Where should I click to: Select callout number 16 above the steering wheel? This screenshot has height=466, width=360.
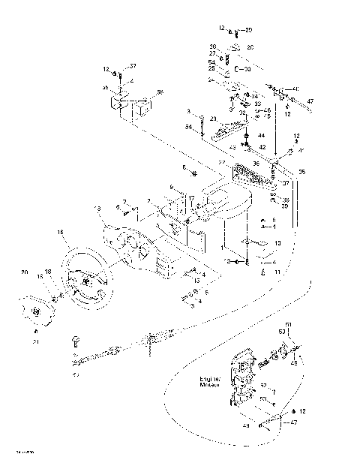coord(61,233)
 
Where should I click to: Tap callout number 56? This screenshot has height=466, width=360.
coord(159,93)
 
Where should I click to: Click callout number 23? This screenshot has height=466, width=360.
coord(214,119)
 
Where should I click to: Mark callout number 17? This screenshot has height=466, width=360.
coord(192,199)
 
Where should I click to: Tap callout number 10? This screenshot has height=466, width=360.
coord(277,244)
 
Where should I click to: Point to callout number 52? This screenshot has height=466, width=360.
coord(262,385)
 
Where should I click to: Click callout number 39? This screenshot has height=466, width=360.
coord(286,206)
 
